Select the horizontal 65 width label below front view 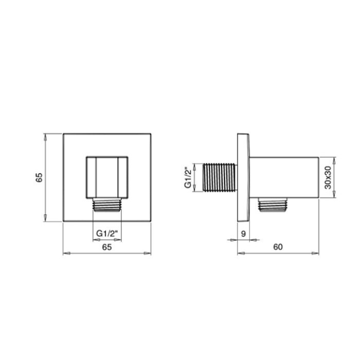pos(107,247)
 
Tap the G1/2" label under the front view pos(107,233)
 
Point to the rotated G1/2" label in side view pos(188,177)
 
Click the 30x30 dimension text pos(327,177)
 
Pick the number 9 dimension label pos(243,233)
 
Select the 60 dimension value pos(278,247)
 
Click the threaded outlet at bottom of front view pos(107,204)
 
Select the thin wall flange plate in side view pos(242,177)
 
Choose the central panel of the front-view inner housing pos(107,176)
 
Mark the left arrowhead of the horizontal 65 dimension pos(65,253)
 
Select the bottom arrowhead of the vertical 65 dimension pos(46,220)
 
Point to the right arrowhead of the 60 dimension pos(317,253)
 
